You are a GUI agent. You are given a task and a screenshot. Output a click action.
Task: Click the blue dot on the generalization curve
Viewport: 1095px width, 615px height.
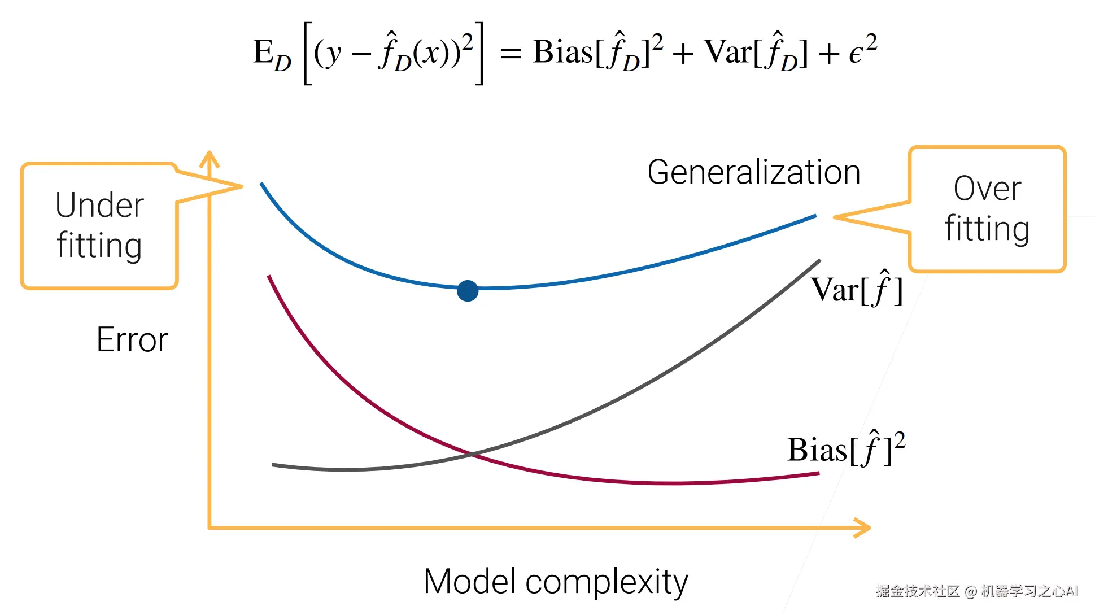[x=468, y=291]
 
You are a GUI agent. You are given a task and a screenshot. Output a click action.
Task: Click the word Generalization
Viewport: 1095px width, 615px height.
[x=753, y=172]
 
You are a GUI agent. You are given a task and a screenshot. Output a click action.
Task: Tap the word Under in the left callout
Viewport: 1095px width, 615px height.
[x=99, y=205]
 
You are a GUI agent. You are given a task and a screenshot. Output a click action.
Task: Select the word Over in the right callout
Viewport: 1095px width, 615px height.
[x=987, y=189]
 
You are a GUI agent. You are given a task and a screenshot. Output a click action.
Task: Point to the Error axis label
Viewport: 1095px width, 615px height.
[x=132, y=339]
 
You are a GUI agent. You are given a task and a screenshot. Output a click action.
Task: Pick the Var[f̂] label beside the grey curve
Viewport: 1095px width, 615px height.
[x=856, y=290]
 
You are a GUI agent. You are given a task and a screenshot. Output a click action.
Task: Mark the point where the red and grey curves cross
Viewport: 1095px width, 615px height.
[x=472, y=453]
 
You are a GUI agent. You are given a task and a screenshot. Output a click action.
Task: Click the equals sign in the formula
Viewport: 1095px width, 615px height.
[x=511, y=54]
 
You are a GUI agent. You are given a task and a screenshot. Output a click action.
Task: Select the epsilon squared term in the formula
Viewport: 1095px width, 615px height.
[x=863, y=51]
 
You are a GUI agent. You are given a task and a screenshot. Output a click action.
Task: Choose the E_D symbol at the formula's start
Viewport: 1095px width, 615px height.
[x=272, y=54]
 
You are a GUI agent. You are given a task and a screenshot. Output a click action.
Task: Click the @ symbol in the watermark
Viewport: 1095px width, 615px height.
[x=970, y=591]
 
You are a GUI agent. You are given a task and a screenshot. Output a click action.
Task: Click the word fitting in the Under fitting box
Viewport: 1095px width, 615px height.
[x=99, y=246]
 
